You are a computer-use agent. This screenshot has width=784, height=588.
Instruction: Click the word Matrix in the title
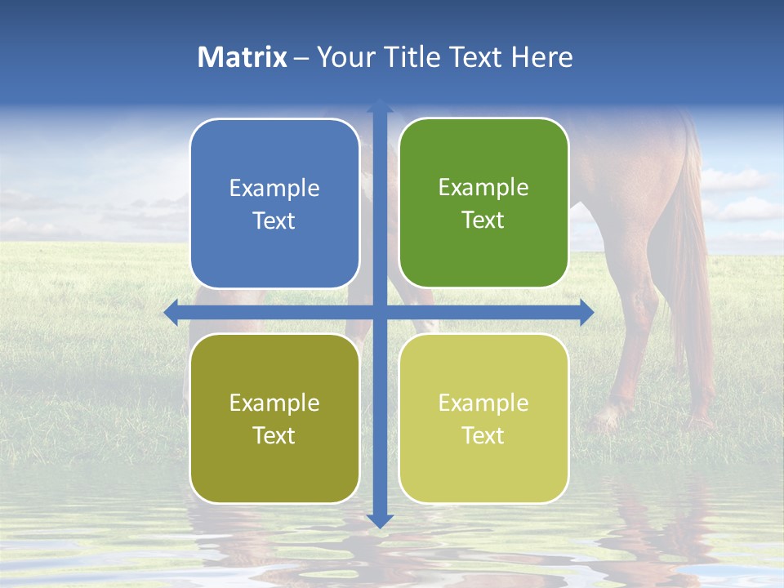coord(243,57)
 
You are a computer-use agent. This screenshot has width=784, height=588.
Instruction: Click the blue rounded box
coord(274,204)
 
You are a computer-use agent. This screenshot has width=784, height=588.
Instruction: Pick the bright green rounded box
coord(483,203)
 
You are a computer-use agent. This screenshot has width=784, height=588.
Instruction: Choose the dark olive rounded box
coord(274,418)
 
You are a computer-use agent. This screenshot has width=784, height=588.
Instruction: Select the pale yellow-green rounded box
coord(483,418)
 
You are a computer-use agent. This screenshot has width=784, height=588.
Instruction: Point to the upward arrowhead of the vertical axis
coord(380,106)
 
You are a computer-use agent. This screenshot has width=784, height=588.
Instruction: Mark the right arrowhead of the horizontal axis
coord(586,312)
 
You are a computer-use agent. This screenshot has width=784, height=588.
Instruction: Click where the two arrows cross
coord(380,312)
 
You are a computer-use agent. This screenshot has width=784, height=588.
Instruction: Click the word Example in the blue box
coord(274,189)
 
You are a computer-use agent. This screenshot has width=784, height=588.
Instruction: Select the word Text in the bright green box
coord(483,220)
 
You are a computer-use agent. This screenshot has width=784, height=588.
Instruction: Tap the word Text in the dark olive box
coord(274,435)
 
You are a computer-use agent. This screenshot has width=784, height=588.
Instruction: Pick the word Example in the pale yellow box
coord(483,403)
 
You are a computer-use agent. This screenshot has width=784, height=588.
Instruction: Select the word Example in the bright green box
coord(483,188)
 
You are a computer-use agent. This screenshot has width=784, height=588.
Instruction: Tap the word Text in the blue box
coord(274,221)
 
